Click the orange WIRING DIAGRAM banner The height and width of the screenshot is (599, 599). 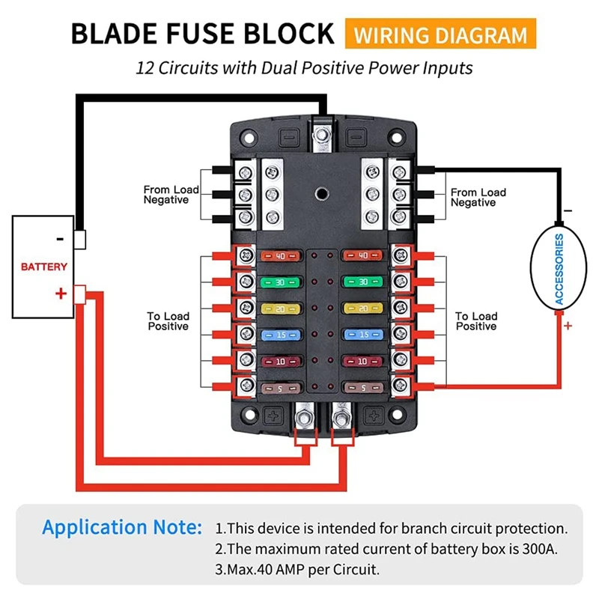pyautogui.click(x=440, y=34)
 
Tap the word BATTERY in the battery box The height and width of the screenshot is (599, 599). pyautogui.click(x=43, y=267)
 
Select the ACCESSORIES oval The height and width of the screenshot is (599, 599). pyautogui.click(x=559, y=269)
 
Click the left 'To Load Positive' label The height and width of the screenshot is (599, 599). pyautogui.click(x=168, y=321)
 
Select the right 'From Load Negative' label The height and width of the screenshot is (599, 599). pyautogui.click(x=478, y=198)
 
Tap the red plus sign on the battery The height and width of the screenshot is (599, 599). pyautogui.click(x=61, y=294)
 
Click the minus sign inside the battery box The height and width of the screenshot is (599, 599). pyautogui.click(x=61, y=239)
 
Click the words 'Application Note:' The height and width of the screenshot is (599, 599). pyautogui.click(x=122, y=527)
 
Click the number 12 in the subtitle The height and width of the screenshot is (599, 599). pyautogui.click(x=145, y=67)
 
